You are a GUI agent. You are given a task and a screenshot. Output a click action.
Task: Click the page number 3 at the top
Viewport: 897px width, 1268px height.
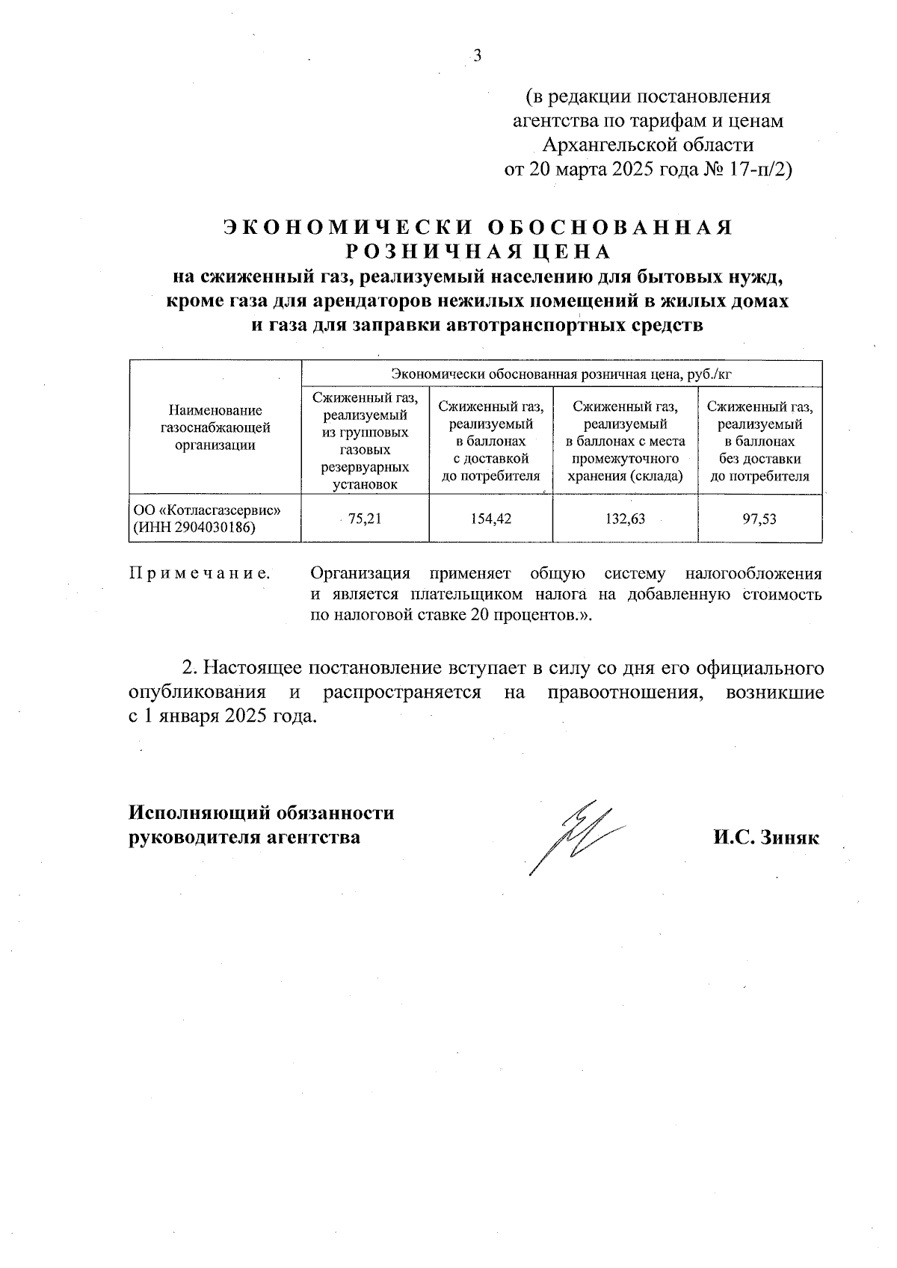476,57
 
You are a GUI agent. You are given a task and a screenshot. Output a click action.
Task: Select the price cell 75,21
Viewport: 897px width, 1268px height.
365,518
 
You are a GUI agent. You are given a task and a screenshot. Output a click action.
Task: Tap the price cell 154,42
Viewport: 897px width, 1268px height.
491,518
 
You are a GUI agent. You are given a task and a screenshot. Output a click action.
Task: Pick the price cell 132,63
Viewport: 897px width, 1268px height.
626,518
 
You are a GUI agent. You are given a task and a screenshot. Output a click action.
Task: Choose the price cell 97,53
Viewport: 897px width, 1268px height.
759,518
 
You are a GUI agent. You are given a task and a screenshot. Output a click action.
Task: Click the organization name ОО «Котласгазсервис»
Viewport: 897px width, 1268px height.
206,510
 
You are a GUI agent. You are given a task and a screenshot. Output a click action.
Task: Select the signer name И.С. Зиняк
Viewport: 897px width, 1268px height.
765,838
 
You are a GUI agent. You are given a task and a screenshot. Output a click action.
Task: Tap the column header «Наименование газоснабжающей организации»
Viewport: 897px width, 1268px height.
215,428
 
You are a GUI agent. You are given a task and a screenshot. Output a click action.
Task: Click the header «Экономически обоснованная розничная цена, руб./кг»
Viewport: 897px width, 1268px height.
561,374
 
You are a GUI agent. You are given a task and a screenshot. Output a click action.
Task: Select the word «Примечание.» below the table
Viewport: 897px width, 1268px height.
200,574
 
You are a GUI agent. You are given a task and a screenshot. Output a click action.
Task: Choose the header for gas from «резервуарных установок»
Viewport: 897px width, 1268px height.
365,441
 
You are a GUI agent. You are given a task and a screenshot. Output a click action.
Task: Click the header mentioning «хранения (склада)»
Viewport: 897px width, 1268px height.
626,441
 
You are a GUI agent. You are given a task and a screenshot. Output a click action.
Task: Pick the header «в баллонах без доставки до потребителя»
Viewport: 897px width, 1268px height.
759,441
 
